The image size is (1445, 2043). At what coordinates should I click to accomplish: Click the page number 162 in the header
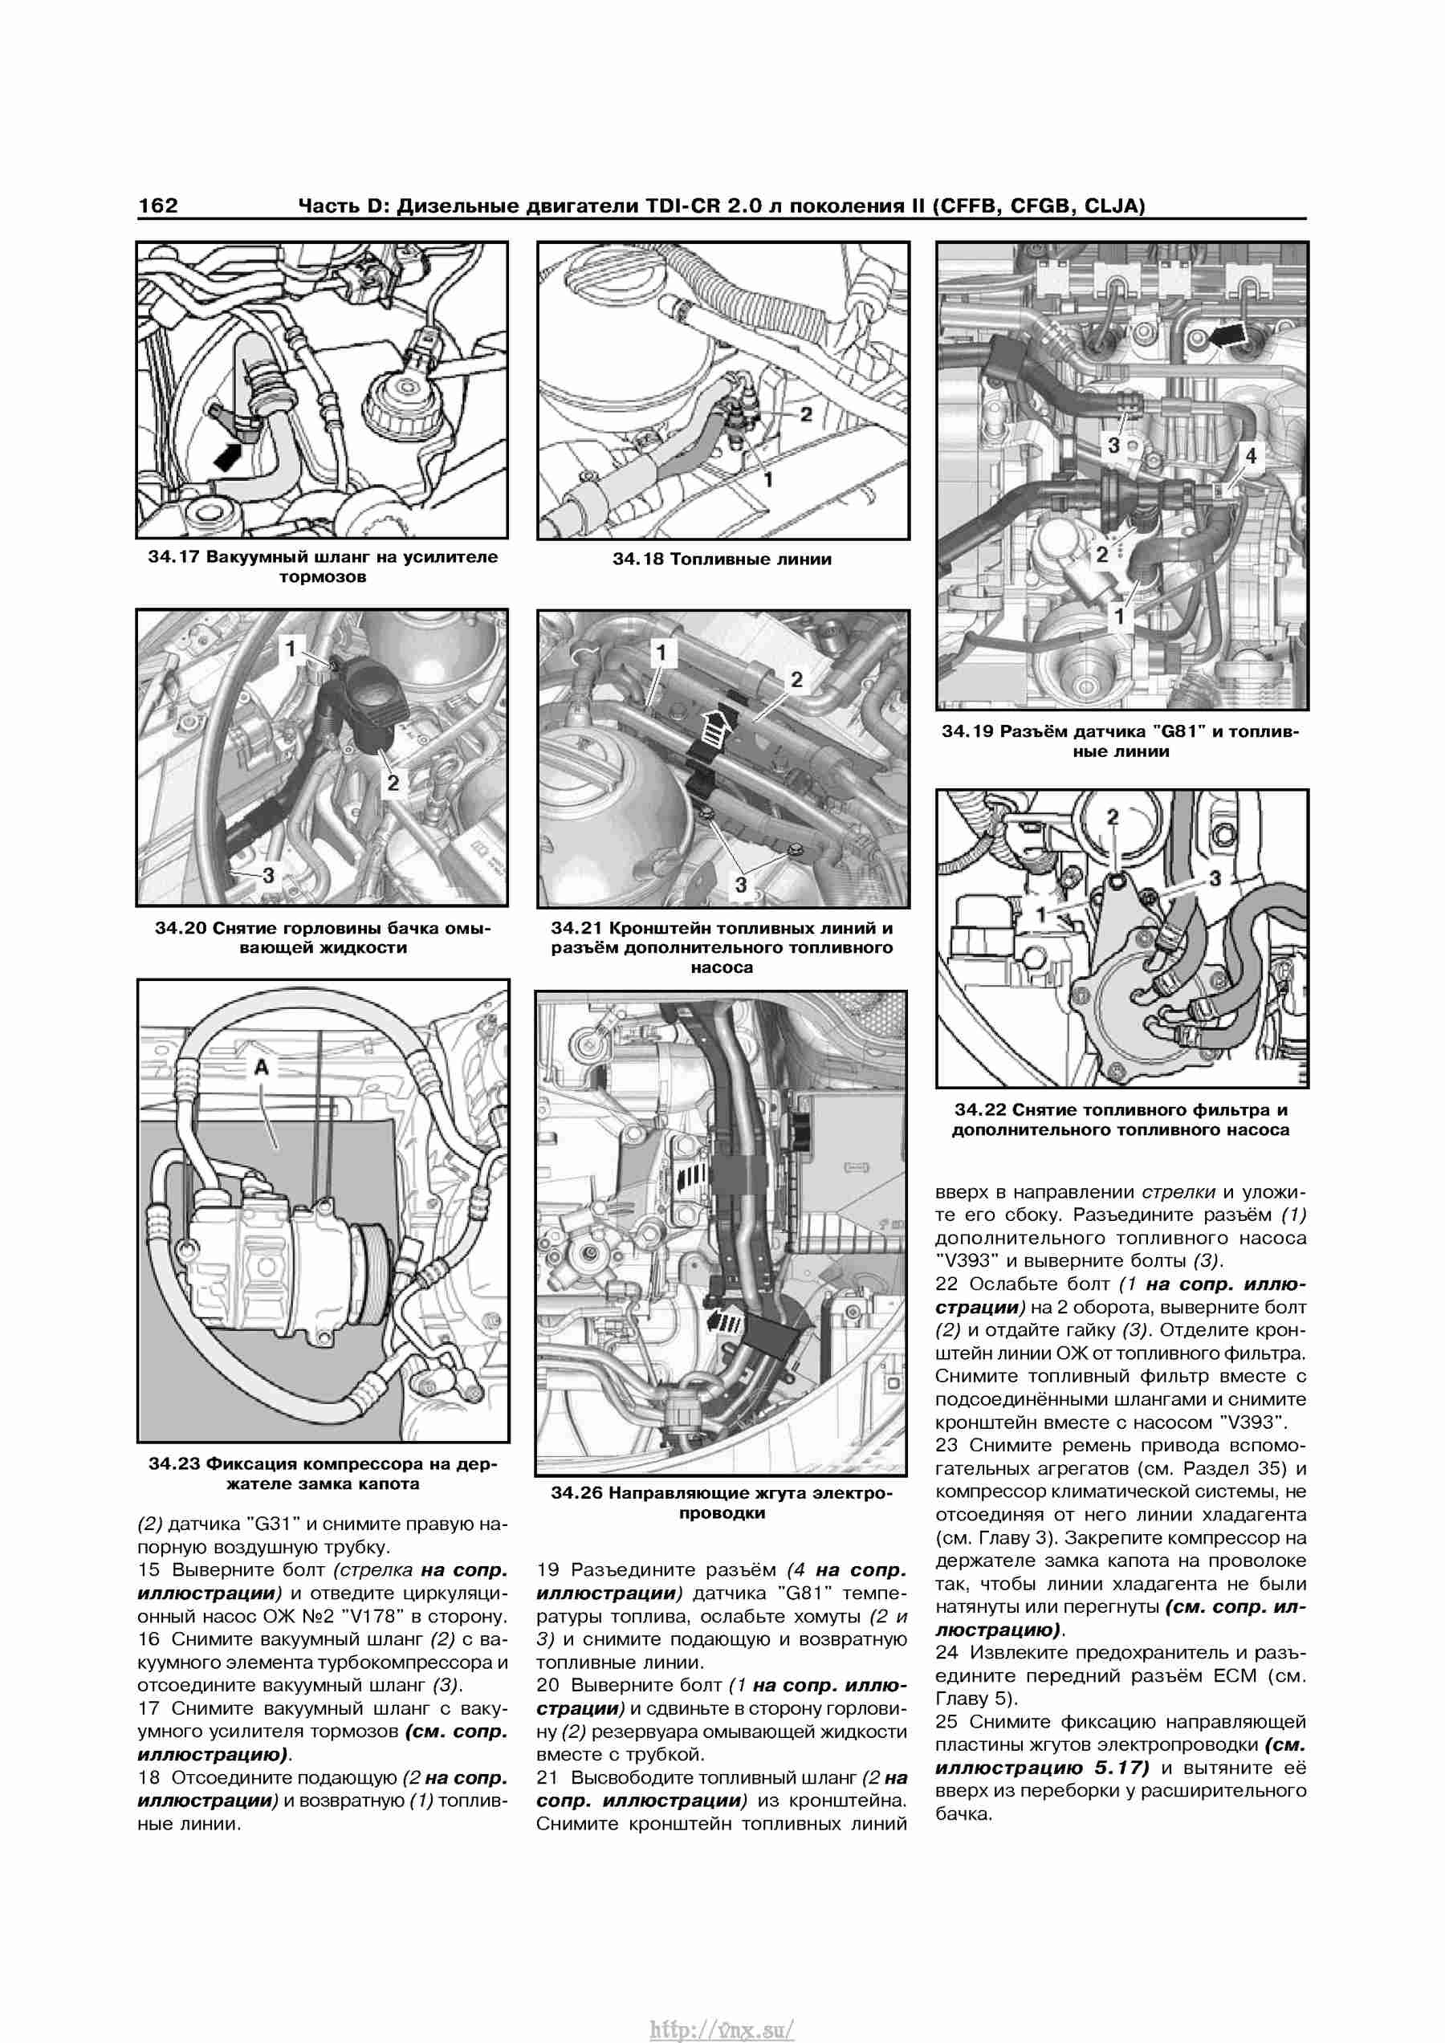pos(157,206)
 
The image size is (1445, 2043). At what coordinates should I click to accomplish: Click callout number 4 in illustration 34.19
pos(1250,456)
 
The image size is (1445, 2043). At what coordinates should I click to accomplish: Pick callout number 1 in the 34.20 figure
pos(289,649)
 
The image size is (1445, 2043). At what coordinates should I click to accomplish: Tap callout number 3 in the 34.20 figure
pos(269,875)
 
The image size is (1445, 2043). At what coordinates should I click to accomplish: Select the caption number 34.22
pos(979,1109)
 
